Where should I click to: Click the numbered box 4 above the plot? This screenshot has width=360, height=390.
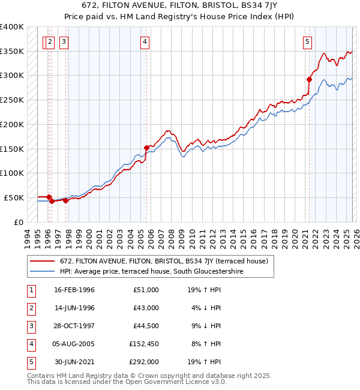click(146, 41)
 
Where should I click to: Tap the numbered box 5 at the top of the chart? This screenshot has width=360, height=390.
click(307, 41)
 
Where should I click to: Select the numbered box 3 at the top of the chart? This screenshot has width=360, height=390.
click(64, 41)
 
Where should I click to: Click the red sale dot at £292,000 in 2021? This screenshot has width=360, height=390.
click(310, 79)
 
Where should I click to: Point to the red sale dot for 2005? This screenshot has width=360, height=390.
click(146, 147)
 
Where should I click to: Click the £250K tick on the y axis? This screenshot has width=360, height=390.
click(11, 100)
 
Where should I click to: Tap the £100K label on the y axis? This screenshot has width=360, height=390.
click(11, 173)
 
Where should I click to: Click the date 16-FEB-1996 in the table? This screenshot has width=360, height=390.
click(74, 290)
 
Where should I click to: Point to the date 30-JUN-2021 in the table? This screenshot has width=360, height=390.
click(74, 362)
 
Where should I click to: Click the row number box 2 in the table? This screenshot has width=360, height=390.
click(30, 308)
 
